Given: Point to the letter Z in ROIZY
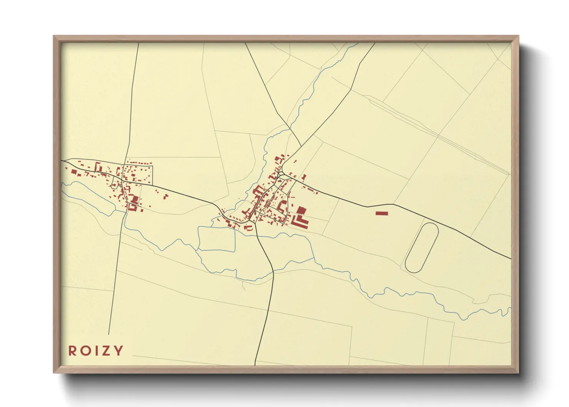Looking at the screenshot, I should [105, 351].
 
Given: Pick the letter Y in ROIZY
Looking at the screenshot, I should [118, 351].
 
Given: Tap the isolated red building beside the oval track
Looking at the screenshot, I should [382, 213].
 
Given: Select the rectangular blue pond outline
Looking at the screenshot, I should [216, 239].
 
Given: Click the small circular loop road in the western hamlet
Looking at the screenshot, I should [114, 185].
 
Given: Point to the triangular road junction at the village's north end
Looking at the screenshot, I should [281, 175].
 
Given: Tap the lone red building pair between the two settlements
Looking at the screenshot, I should [166, 196].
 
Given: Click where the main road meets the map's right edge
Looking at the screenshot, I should [511, 259].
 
